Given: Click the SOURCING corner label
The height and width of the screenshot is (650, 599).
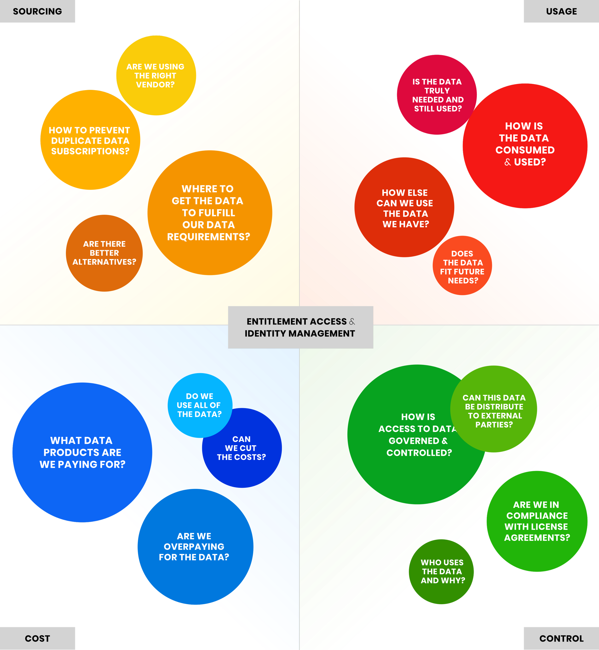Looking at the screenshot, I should click(37, 11).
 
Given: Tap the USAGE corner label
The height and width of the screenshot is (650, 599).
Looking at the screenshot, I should click(561, 11).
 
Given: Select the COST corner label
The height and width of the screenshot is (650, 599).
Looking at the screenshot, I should click(37, 638).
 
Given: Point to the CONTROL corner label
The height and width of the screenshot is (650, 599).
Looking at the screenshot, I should click(561, 638).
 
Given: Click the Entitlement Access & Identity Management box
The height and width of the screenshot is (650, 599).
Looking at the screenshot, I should click(300, 327).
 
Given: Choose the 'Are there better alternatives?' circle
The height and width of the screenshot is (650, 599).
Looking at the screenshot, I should click(104, 253).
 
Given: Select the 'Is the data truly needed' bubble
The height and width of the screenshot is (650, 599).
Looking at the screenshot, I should click(437, 95).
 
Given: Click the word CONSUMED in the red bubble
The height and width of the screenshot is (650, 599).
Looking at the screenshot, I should click(525, 150).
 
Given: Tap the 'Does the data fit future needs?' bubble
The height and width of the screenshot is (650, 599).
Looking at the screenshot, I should click(462, 267).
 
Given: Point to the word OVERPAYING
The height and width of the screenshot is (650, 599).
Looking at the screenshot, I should click(194, 547).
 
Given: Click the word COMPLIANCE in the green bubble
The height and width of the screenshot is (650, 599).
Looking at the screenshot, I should click(537, 516).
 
